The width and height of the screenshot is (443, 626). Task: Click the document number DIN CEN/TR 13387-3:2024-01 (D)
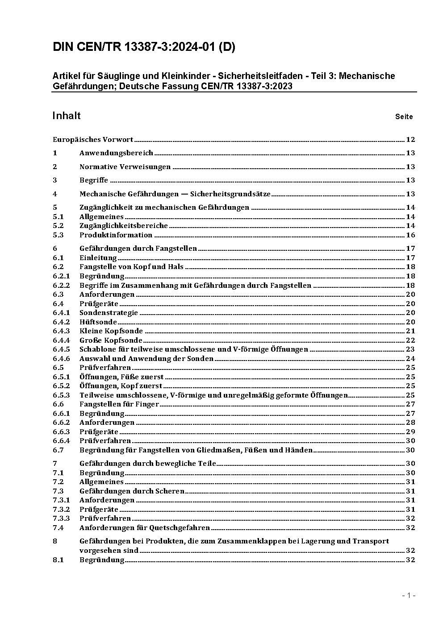coord(144,47)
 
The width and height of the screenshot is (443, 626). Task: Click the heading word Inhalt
coord(67,116)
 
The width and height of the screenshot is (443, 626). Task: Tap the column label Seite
coord(404,116)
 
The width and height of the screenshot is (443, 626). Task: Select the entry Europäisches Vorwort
coord(93,140)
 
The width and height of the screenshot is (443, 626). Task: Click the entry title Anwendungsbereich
coord(116,153)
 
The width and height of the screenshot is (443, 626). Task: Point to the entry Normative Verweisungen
coord(125,167)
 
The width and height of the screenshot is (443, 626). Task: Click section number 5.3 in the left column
coord(58,235)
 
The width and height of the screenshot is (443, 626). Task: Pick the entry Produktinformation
coord(116,235)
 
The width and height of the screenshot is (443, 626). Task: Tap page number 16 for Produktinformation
coord(410,235)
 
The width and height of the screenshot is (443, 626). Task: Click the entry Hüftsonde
coord(98,322)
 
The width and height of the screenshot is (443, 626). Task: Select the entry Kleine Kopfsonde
coord(111,331)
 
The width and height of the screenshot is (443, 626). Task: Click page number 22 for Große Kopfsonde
coord(410,340)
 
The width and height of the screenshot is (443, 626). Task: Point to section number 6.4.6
coord(61,359)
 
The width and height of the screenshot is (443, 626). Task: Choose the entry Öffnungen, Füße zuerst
coord(121,377)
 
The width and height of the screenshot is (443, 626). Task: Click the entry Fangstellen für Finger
coord(119,404)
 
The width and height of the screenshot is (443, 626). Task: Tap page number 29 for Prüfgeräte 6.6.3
coord(410,431)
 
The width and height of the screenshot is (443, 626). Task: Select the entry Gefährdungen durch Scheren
coord(132,491)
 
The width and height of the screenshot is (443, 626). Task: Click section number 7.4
coord(58,528)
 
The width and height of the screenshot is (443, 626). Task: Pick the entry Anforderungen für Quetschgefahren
coord(145,528)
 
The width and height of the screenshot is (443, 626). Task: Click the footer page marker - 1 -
coord(409,595)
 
